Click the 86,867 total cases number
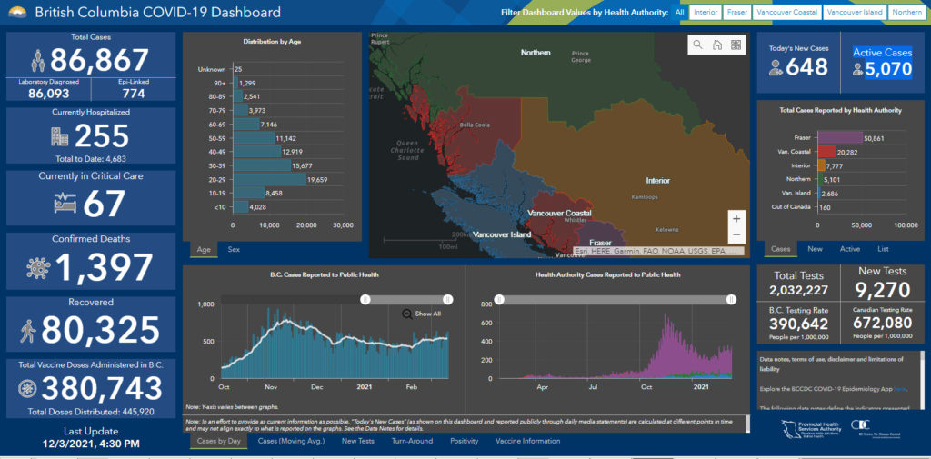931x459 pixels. point(99,60)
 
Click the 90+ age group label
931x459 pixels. point(219,83)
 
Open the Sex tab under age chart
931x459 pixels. point(234,249)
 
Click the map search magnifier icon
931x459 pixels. point(697,45)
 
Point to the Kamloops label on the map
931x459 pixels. point(646,196)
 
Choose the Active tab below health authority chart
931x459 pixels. point(849,249)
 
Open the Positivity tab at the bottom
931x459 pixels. point(464,441)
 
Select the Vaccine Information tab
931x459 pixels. point(527,441)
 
